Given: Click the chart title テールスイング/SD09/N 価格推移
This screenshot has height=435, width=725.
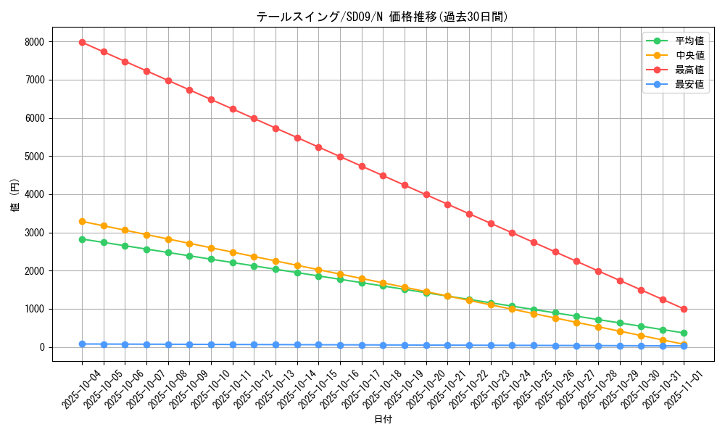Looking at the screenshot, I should click(382, 17).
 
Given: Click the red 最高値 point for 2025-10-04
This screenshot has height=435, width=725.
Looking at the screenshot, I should click(82, 42).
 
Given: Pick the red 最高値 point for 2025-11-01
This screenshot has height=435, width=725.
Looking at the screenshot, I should click(684, 309).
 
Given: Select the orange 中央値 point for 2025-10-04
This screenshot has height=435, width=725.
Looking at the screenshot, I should click(82, 221).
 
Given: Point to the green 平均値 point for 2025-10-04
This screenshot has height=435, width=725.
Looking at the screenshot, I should click(82, 239).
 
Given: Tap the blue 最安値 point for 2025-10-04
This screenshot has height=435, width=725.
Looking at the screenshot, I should click(82, 344).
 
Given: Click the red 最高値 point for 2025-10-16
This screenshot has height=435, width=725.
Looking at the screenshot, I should click(340, 157).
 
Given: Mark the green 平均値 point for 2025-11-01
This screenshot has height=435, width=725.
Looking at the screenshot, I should click(684, 333).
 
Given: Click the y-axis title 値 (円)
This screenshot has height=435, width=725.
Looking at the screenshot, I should click(15, 196).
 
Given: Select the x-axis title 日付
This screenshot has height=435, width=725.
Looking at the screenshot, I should click(382, 420).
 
